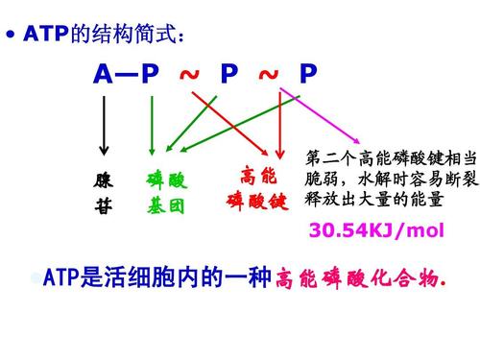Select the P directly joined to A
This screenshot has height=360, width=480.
point(150,74)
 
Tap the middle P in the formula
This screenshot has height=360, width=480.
point(228,74)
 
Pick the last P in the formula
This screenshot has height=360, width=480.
point(307,74)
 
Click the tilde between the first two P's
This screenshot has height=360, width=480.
point(189,74)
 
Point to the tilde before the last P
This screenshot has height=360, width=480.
point(269,74)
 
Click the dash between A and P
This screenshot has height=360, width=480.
point(127,74)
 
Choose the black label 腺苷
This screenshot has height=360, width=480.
point(104,193)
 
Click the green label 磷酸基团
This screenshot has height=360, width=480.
point(167,193)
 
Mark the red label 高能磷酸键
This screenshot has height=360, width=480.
point(257,189)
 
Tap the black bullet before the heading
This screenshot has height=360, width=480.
point(11,36)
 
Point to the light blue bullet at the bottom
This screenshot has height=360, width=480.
point(36,279)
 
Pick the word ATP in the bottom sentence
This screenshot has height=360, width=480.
point(61,279)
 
